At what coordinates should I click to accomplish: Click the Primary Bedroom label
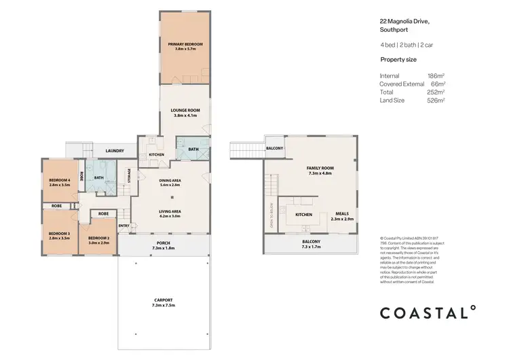click(185, 44)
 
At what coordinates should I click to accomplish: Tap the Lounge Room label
click(185, 109)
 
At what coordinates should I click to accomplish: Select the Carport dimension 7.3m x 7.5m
click(163, 306)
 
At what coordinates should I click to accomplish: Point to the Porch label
click(164, 243)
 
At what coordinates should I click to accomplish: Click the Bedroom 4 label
click(60, 179)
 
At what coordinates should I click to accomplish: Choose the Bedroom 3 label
click(59, 234)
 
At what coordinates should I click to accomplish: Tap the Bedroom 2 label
click(98, 238)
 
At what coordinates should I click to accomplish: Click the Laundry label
click(114, 151)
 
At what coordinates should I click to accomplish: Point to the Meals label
click(341, 213)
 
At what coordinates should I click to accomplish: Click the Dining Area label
click(168, 180)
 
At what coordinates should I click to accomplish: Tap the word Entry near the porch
click(124, 226)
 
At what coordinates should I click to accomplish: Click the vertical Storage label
click(129, 175)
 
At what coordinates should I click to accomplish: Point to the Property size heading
click(398, 60)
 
